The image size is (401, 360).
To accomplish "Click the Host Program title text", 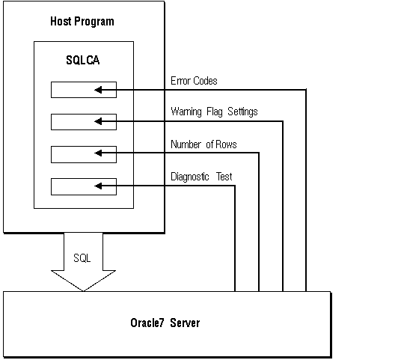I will (82, 21).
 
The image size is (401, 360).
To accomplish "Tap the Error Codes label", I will (194, 81).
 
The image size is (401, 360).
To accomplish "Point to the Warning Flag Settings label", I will (214, 112).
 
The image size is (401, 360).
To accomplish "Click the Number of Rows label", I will (203, 144).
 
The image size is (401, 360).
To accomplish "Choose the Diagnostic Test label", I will (201, 177).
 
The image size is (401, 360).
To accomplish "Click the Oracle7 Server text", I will (165, 323).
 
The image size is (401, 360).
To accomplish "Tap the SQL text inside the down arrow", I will (82, 257).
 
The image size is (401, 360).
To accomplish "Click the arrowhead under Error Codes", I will (100, 91).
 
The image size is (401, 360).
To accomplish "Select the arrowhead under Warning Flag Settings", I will (100, 121).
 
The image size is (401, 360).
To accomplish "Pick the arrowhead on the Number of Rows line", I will (100, 153).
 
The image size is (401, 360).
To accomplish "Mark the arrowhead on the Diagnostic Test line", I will (100, 185).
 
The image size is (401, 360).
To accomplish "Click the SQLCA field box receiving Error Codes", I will (73, 91).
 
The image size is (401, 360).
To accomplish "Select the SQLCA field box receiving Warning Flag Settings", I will (73, 121).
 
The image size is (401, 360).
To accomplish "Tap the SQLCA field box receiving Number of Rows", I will (73, 153).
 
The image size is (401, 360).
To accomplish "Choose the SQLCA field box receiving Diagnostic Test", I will (73, 185).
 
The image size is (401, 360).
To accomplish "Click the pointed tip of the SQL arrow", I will (82, 289).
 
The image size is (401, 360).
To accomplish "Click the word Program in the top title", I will (95, 21).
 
